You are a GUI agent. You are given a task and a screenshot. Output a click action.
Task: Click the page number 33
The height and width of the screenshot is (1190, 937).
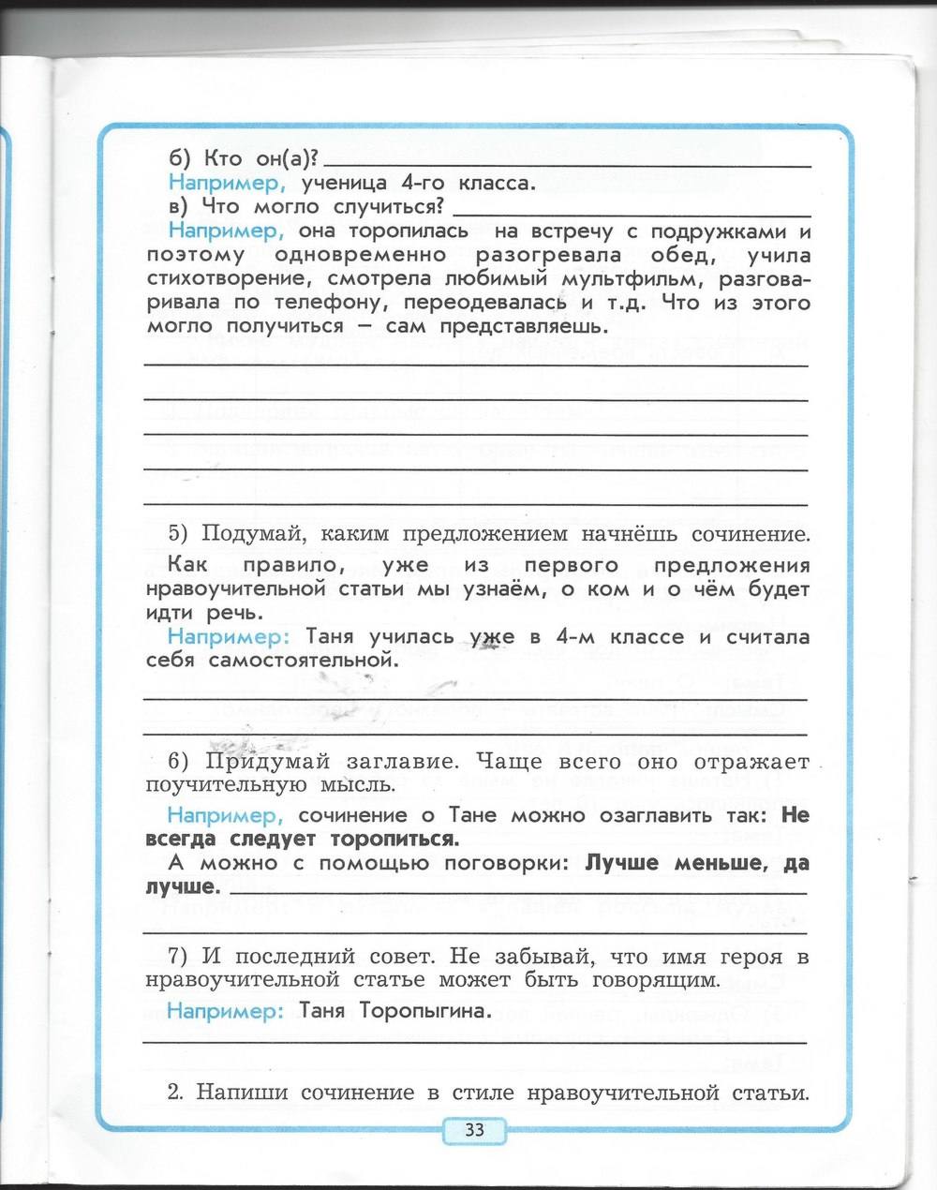tap(474, 1129)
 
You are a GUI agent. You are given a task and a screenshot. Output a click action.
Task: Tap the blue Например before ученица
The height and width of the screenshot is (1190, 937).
tap(225, 183)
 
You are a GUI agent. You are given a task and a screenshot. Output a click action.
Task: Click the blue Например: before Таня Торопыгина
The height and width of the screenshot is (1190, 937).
tap(226, 1011)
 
